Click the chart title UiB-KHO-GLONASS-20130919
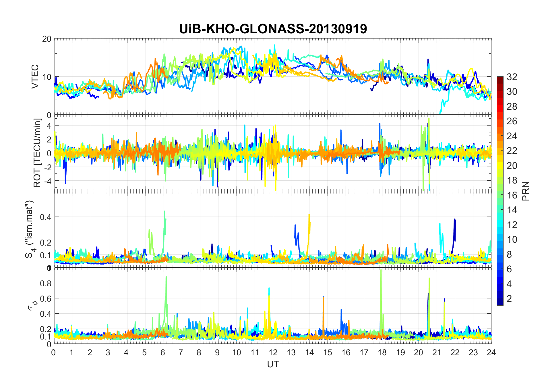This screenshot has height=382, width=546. [x=273, y=29]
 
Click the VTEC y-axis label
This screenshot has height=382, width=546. [x=35, y=77]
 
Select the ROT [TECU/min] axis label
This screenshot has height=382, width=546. [x=37, y=153]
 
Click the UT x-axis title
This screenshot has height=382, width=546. [x=273, y=364]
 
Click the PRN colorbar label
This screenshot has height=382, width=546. [x=526, y=191]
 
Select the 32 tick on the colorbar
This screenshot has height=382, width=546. [x=512, y=77]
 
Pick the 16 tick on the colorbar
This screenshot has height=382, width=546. [x=512, y=195]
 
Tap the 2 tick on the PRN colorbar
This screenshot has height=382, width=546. [x=509, y=299]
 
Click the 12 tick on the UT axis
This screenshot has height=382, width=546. [x=273, y=352]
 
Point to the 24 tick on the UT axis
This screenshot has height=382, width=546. [x=491, y=352]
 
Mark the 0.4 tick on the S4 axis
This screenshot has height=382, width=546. [x=46, y=217]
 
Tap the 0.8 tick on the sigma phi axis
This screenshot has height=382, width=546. [x=46, y=283]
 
